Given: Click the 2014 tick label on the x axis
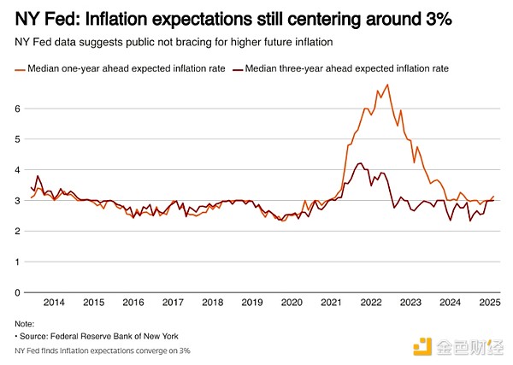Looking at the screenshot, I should click(x=54, y=303).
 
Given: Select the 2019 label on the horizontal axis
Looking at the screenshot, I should click(x=251, y=303).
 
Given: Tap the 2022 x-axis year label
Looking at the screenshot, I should click(x=370, y=303).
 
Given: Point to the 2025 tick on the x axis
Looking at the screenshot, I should click(x=489, y=303).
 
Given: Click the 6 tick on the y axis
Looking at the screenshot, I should click(x=17, y=109).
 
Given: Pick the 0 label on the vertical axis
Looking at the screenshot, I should click(x=17, y=292).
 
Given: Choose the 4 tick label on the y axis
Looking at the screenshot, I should click(x=17, y=170).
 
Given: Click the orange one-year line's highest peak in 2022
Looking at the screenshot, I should click(x=388, y=85).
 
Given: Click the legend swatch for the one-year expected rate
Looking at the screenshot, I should click(x=19, y=68).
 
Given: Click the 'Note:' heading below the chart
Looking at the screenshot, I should click(x=25, y=323).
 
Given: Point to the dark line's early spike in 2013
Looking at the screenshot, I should click(x=38, y=176).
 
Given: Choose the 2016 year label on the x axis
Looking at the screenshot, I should click(x=133, y=303).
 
